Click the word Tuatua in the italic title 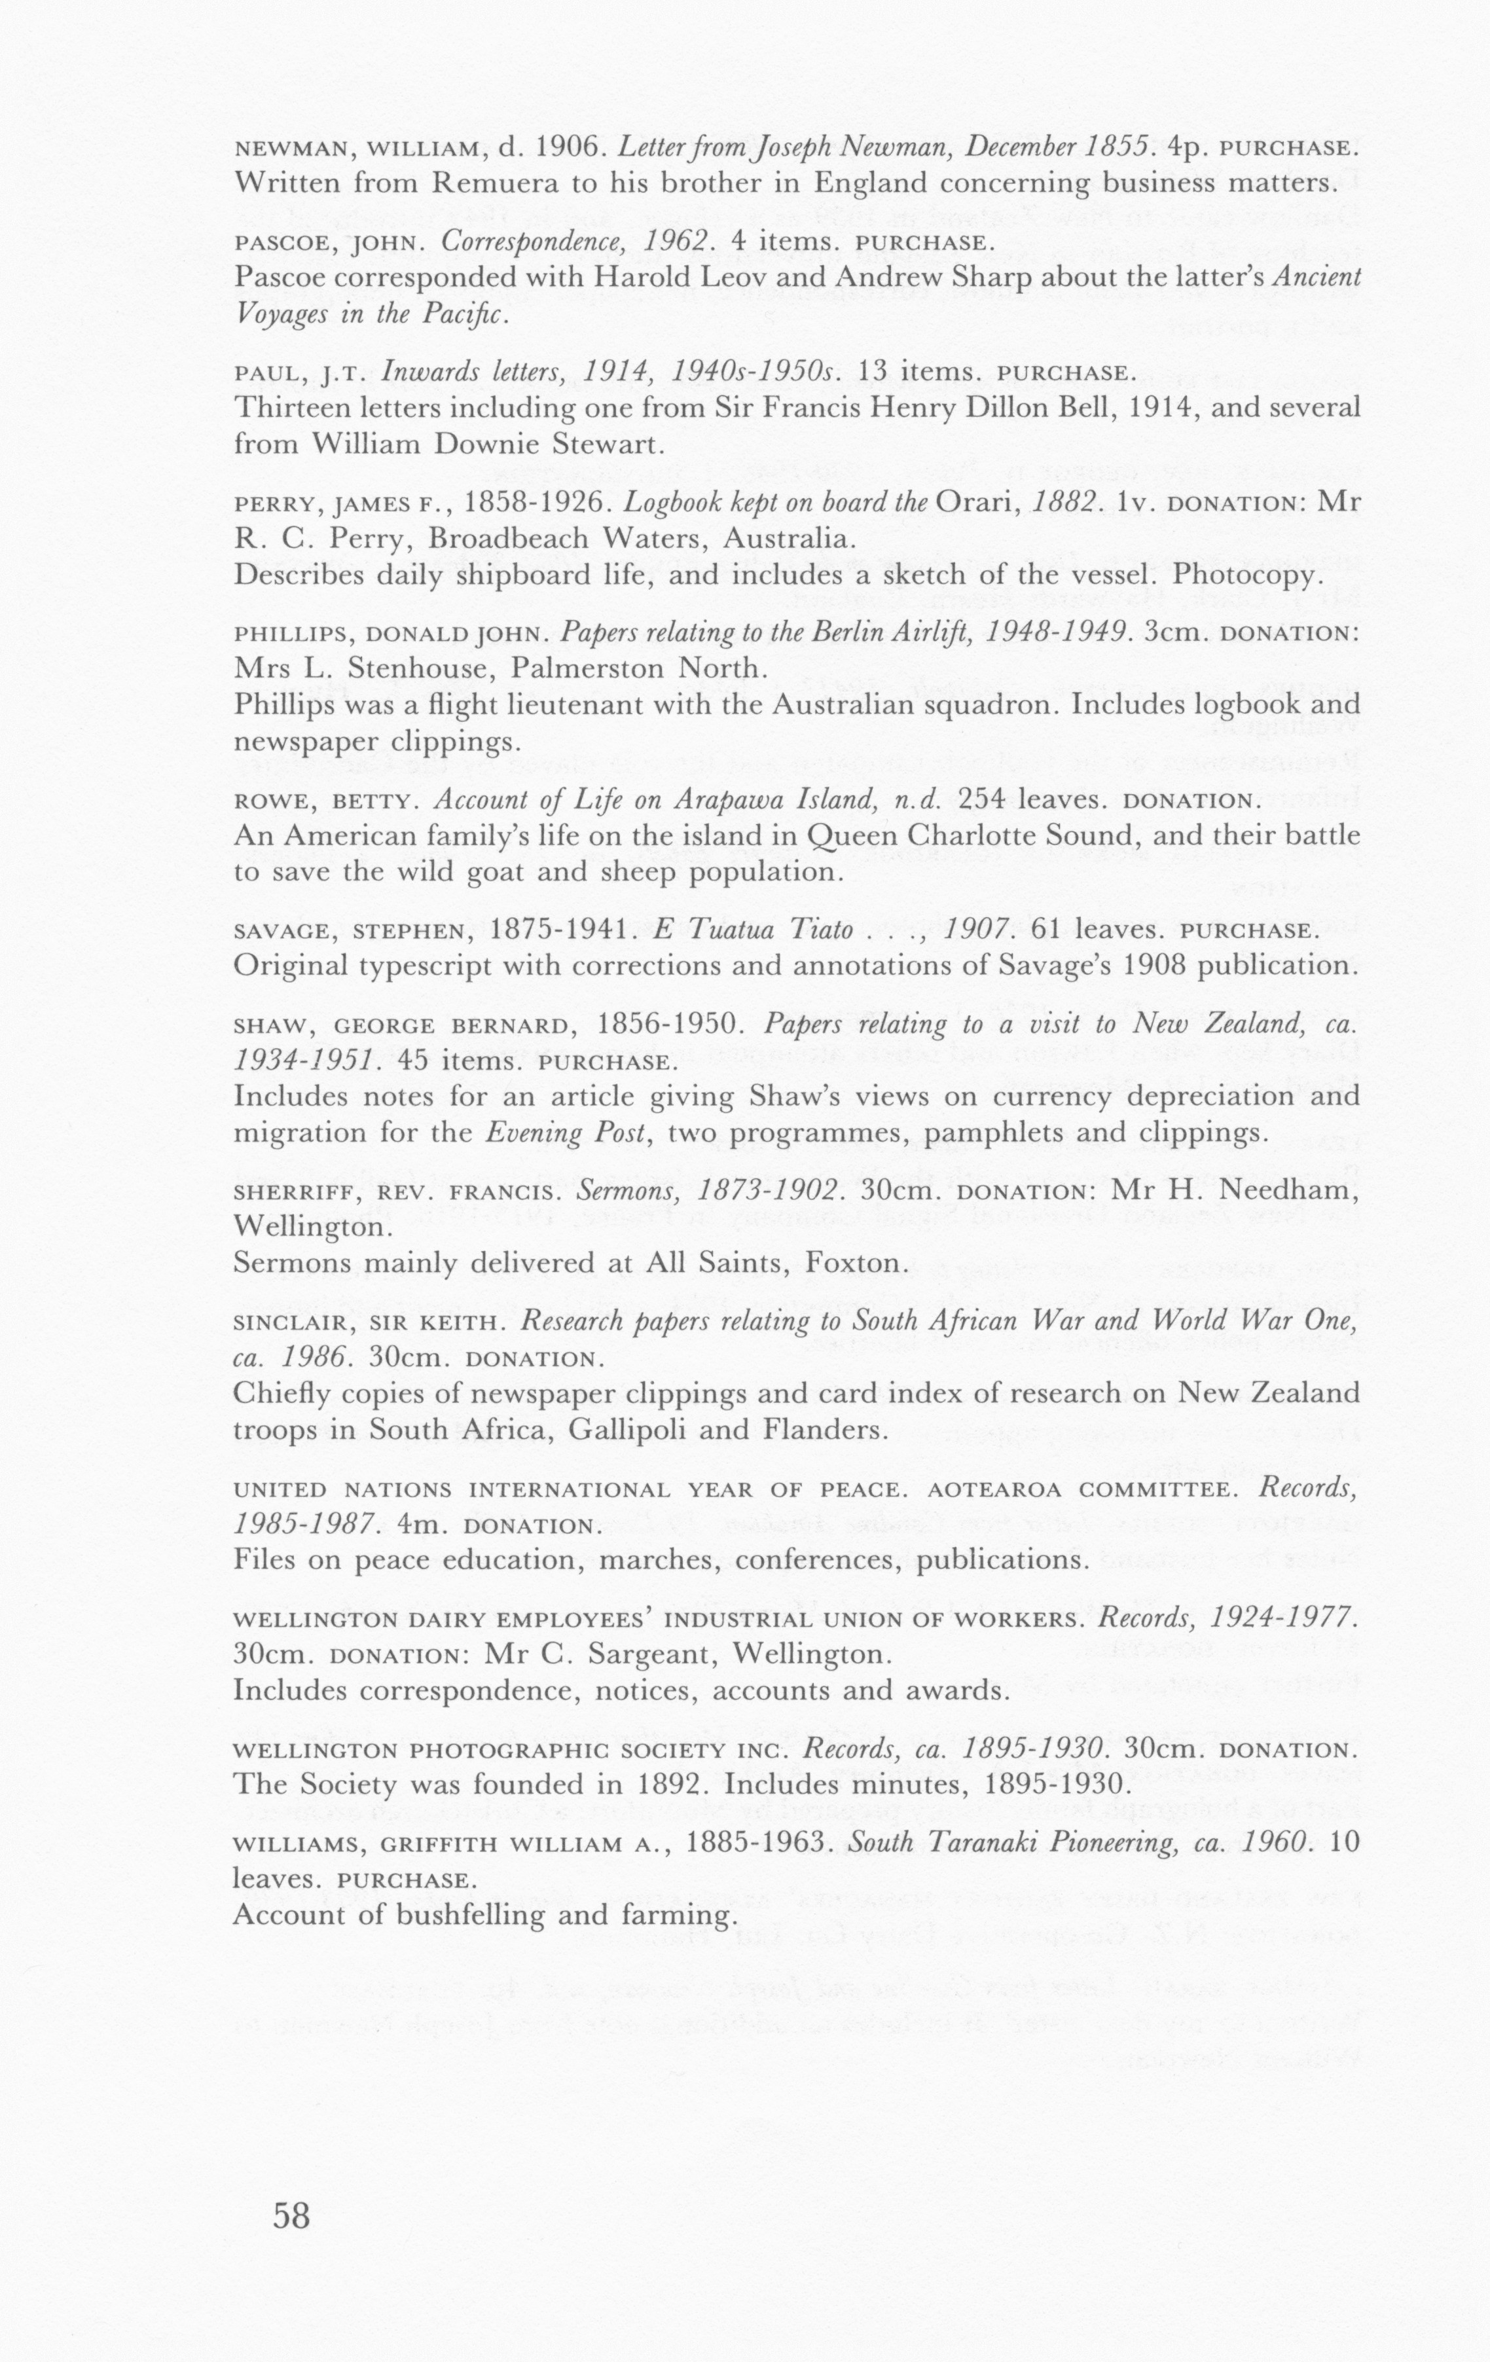pyautogui.click(x=717, y=930)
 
